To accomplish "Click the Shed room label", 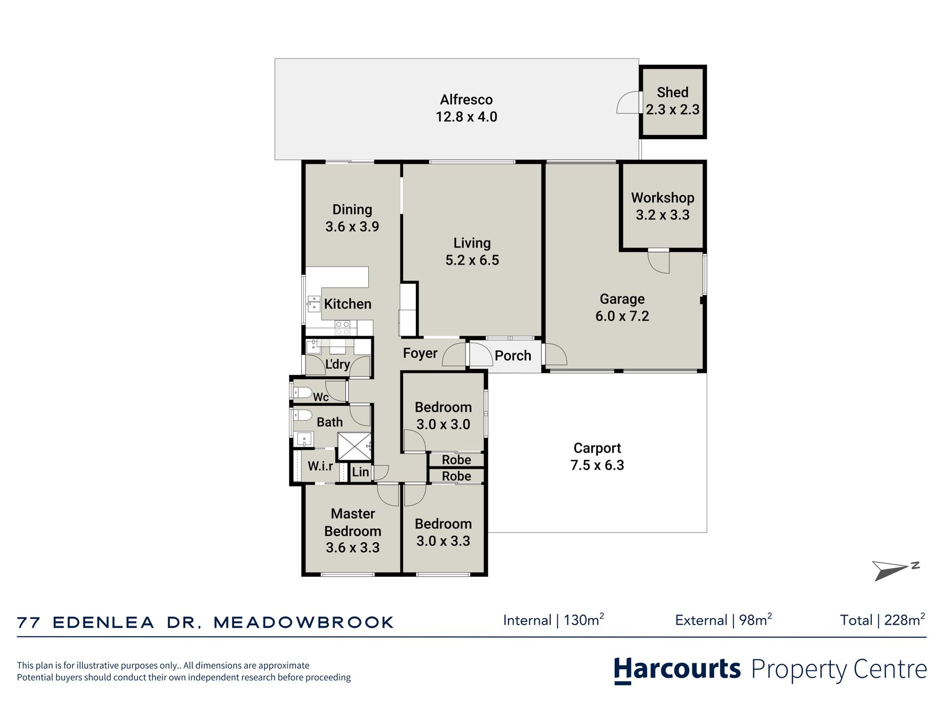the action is pyautogui.click(x=672, y=92).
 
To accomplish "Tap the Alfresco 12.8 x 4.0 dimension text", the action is pyautogui.click(x=466, y=117).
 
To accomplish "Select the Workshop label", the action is pyautogui.click(x=662, y=198).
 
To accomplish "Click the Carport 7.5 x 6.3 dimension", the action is pyautogui.click(x=597, y=465).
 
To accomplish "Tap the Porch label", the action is pyautogui.click(x=513, y=356).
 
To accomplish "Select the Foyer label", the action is pyautogui.click(x=420, y=354).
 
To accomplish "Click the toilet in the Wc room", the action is pyautogui.click(x=302, y=393).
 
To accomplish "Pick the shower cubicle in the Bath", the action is pyautogui.click(x=354, y=446).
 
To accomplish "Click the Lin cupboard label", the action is pyautogui.click(x=360, y=472).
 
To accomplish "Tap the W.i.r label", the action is pyautogui.click(x=320, y=466).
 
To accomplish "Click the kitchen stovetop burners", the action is pyautogui.click(x=343, y=328).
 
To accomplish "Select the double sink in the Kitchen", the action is pyautogui.click(x=313, y=304).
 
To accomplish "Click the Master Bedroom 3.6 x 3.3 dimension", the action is pyautogui.click(x=353, y=548).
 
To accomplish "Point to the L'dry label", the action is pyautogui.click(x=337, y=364).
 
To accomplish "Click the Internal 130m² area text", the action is pyautogui.click(x=554, y=620).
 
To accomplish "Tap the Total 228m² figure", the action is pyautogui.click(x=882, y=620).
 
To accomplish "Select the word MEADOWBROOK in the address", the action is pyautogui.click(x=303, y=622).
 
